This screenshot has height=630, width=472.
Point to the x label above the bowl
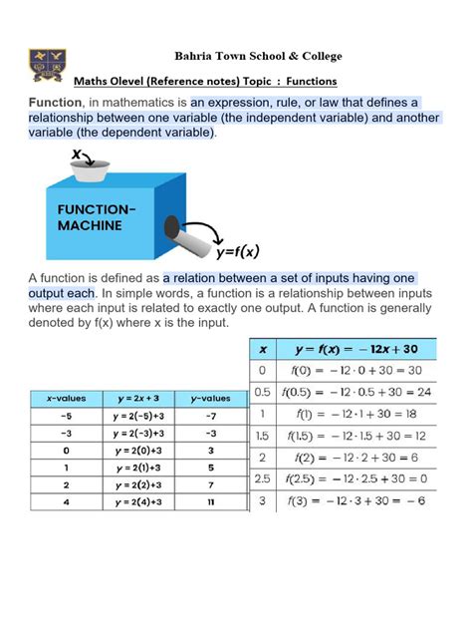76,154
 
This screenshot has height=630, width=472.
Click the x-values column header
65,398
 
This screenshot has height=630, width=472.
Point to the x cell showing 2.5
263,478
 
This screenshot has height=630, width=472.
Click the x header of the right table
263,350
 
